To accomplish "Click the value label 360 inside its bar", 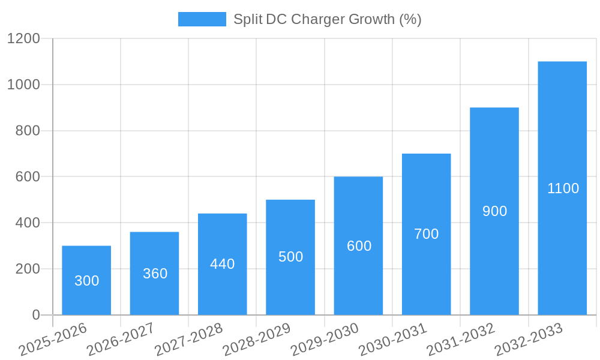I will [155, 274].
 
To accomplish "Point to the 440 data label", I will [223, 264].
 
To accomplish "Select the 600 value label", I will [359, 246].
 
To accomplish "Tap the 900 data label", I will [494, 211].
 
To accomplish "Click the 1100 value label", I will [563, 188].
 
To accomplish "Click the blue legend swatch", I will [202, 19].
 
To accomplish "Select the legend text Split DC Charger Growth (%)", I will [327, 19].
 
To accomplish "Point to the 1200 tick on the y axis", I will [23, 38].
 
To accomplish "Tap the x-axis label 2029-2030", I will [325, 339].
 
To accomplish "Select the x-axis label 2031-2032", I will [461, 339].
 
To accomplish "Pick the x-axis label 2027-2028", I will [189, 339].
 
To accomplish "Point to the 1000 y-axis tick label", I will [23, 85].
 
